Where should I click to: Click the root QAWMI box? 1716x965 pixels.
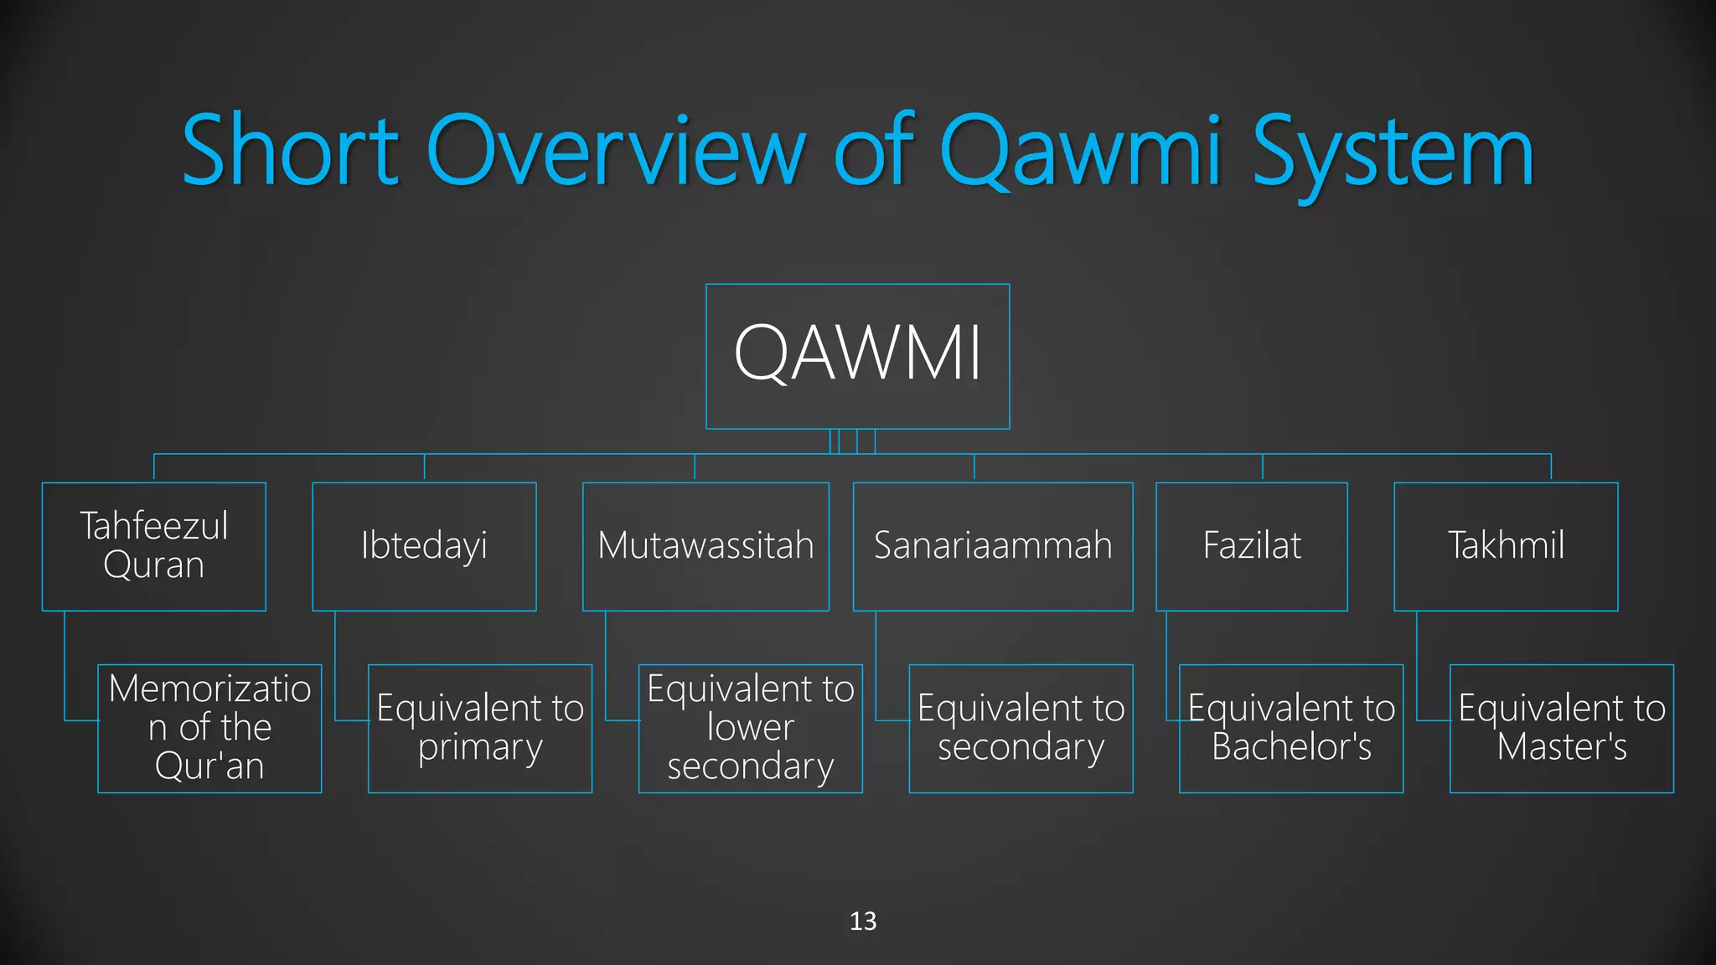857,356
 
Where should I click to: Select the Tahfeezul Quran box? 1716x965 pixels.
154,546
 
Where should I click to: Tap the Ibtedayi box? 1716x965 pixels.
424,546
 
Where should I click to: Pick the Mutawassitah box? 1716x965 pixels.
706,546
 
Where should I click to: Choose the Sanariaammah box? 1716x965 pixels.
993,546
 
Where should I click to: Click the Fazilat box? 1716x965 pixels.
1252,546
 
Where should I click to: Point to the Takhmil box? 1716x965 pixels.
1506,546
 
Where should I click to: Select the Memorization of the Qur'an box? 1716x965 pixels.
209,728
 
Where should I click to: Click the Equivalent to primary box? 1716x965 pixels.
480,728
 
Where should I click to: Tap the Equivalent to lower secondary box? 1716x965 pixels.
751,728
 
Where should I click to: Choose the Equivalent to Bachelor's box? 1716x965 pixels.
1291,728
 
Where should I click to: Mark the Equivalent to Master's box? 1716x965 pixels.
1562,728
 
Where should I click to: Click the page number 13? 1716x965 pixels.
863,921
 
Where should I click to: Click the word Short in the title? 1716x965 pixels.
290,151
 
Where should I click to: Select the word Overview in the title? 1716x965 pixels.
616,151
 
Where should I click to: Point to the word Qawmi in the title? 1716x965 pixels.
1081,151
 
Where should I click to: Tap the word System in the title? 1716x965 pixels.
1393,151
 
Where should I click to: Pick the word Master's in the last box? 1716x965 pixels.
1562,747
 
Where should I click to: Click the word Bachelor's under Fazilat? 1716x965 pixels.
1291,747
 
